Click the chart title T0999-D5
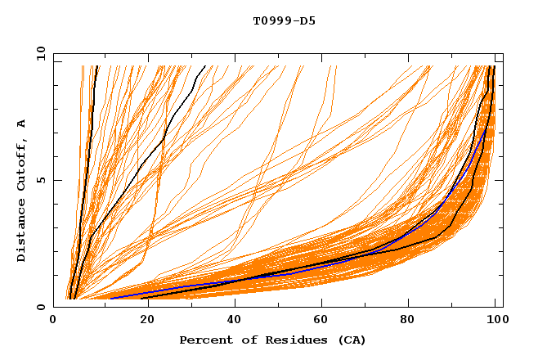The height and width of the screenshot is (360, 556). click(x=284, y=20)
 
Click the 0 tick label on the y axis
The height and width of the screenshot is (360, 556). click(x=42, y=307)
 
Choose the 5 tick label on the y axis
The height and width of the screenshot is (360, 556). click(x=42, y=180)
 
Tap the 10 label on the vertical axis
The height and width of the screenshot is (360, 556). click(x=39, y=52)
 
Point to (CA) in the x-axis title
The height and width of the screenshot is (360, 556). click(x=348, y=340)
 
